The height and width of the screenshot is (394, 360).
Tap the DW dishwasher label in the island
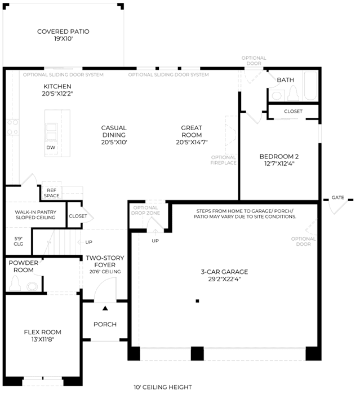tap(51, 148)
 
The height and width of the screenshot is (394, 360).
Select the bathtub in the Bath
tap(310, 86)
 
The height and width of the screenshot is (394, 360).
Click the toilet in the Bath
tap(293, 93)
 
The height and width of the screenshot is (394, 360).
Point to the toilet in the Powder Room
tap(15, 283)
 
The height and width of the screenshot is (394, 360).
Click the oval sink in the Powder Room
tap(32, 287)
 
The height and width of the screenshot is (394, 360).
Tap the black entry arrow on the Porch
tap(105, 308)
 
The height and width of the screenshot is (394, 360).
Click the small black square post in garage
tap(197, 301)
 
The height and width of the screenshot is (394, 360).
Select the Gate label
tap(337, 197)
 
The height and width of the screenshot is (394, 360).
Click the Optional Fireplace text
tap(223, 160)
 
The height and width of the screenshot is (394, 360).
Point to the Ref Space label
tap(51, 193)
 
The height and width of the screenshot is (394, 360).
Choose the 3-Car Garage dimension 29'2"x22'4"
tap(224, 279)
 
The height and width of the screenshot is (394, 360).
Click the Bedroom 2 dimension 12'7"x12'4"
tap(279, 163)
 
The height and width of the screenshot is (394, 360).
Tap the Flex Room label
tap(42, 332)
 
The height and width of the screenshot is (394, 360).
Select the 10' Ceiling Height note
tap(163, 387)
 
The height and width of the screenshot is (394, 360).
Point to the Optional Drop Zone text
tap(145, 210)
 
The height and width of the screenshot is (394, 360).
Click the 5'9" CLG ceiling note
tap(19, 241)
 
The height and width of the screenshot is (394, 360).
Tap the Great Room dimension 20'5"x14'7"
tap(192, 142)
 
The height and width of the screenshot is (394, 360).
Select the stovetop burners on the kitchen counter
tap(12, 127)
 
